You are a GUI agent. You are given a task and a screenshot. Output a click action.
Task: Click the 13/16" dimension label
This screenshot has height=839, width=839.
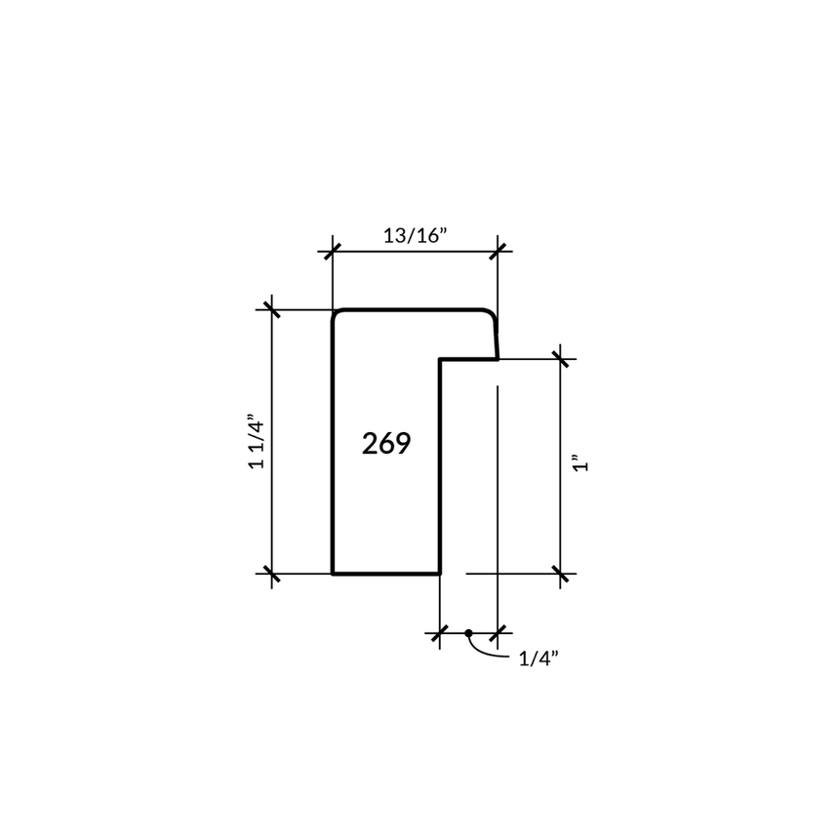pyautogui.click(x=415, y=235)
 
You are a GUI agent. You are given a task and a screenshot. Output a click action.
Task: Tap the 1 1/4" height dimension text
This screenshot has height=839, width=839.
pyautogui.click(x=257, y=441)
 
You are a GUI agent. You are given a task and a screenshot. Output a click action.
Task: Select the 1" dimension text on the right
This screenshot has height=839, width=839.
pyautogui.click(x=580, y=463)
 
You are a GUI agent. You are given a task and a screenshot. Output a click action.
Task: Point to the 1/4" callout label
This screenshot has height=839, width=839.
pyautogui.click(x=539, y=659)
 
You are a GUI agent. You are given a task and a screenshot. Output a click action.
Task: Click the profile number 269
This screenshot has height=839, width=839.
pyautogui.click(x=386, y=444)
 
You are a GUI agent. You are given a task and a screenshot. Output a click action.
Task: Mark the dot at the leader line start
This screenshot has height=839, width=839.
pyautogui.click(x=468, y=633)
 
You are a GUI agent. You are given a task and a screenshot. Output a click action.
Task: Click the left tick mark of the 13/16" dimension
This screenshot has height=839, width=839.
pyautogui.click(x=333, y=251)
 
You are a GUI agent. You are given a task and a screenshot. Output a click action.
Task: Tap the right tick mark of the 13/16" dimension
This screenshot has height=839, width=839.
pyautogui.click(x=498, y=251)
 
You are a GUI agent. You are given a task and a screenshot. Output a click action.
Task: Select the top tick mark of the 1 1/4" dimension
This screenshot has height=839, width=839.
pyautogui.click(x=272, y=310)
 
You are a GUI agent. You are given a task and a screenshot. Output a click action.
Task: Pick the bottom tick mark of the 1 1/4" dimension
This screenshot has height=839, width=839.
pyautogui.click(x=272, y=574)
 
